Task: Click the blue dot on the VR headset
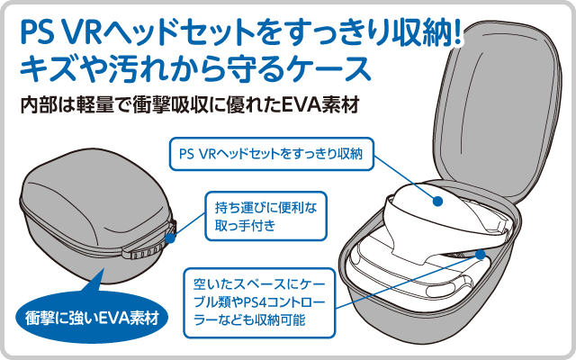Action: [436, 202]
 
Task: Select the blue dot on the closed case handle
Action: [171, 237]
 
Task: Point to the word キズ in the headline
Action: [47, 69]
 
